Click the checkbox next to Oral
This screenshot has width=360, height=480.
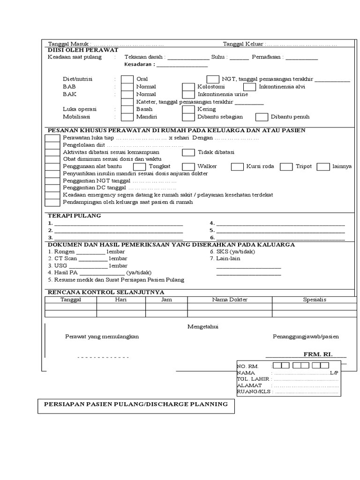click(127, 79)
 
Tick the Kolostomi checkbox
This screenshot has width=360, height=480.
click(188, 87)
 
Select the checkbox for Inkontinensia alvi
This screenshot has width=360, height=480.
click(249, 87)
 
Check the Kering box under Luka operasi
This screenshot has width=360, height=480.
click(188, 109)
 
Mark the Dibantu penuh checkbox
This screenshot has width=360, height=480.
click(262, 117)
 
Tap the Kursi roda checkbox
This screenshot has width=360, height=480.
click(238, 166)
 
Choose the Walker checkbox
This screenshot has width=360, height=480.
click(188, 166)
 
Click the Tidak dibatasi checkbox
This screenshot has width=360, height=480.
click(188, 152)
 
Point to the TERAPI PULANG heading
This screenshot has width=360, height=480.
click(74, 216)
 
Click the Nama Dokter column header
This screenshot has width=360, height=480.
click(230, 300)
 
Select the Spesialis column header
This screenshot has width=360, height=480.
click(315, 300)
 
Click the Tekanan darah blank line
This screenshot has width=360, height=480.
click(188, 58)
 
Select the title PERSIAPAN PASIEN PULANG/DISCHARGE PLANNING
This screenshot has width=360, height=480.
click(135, 404)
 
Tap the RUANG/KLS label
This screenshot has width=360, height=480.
click(254, 392)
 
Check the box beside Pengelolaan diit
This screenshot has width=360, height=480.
click(52, 145)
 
